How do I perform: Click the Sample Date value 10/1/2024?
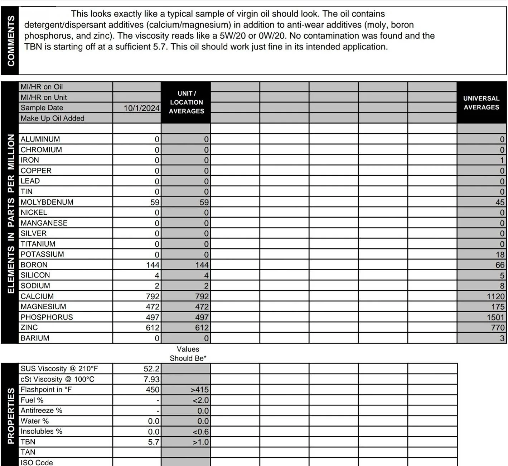[x=141, y=108]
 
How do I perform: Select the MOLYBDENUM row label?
[x=47, y=202]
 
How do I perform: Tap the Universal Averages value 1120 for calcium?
[x=495, y=296]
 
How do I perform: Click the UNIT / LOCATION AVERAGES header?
[x=186, y=103]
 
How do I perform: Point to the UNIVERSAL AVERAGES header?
[x=481, y=103]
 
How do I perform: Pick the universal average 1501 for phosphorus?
[x=495, y=317]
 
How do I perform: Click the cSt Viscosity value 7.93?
[x=151, y=379]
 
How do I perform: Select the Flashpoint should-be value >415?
[x=199, y=390]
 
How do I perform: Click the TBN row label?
[x=28, y=442]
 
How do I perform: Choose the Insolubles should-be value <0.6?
[x=200, y=432]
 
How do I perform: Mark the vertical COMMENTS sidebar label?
[x=11, y=41]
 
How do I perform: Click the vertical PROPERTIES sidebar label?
[x=11, y=415]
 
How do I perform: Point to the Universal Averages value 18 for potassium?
[x=500, y=255]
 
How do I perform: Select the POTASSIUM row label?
[x=42, y=255]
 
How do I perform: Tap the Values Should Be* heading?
[x=188, y=354]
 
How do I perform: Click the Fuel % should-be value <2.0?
[x=200, y=400]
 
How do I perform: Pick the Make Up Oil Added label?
[x=53, y=118]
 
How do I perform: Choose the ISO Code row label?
[x=37, y=462]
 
